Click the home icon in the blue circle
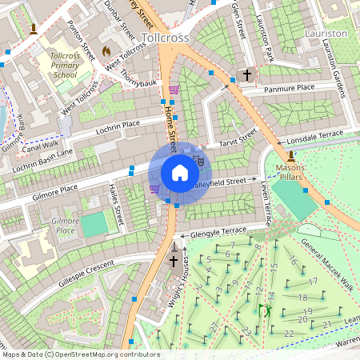179,173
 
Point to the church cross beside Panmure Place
247,76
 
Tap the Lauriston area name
326,34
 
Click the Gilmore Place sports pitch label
63,225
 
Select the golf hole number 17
313,281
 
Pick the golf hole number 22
288,332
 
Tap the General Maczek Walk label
326,255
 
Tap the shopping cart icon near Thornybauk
174,90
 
